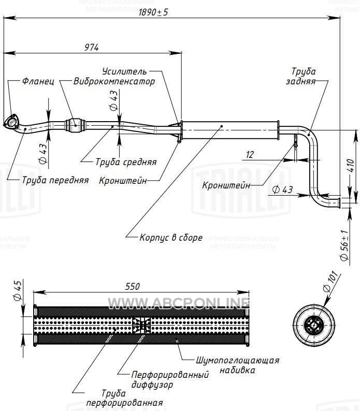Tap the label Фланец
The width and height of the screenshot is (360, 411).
click(x=38, y=82)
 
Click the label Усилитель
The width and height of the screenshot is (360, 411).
click(x=124, y=71)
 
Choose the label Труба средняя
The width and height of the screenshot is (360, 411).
click(x=126, y=162)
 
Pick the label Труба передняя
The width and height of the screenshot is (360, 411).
click(x=55, y=180)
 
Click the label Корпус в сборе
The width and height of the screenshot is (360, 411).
click(x=171, y=238)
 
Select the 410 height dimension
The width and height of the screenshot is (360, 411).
click(x=351, y=165)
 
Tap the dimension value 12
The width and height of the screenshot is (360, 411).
click(x=250, y=154)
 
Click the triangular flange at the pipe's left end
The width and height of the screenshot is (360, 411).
click(x=10, y=123)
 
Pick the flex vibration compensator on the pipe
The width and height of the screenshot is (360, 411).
click(x=75, y=123)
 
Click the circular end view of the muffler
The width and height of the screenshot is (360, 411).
click(x=312, y=325)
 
